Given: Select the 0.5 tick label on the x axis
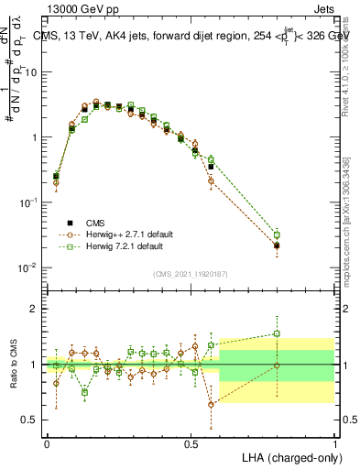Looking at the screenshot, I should (191, 442).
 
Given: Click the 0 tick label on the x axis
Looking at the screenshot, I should (47, 442).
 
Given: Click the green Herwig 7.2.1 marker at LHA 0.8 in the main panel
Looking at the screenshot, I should (277, 235).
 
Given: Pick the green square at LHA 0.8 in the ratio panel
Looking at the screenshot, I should (277, 333).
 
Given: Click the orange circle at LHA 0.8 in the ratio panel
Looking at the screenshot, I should (277, 365).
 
